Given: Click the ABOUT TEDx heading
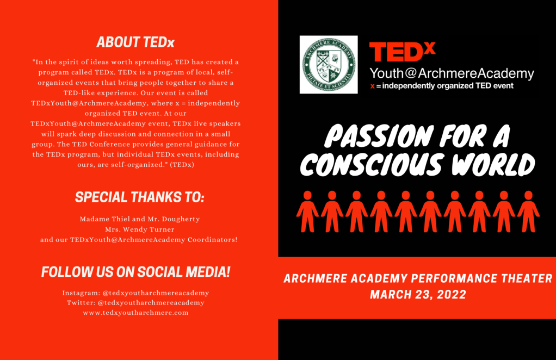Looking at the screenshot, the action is pos(135,42).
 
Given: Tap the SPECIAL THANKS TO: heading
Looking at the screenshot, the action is pos(140,197).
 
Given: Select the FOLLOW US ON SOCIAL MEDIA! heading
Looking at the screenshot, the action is pos(136,272).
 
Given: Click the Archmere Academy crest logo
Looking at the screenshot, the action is pos(329,65).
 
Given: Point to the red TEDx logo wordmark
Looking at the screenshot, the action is pos(402,51).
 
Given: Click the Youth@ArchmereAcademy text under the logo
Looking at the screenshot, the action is pos(452,73).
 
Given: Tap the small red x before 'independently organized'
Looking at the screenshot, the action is pos(372,86).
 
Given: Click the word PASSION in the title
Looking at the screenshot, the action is pos(379,136).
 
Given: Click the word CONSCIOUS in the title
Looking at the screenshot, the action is pos(372,165).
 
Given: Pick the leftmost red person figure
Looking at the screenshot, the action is pos(307,212).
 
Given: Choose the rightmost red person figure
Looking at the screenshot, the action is pos(528,212).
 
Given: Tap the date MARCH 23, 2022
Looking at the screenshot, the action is pos(418,294).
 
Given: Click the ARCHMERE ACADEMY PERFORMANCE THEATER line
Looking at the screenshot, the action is pos(418,278).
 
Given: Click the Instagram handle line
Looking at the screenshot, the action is pos(135,293).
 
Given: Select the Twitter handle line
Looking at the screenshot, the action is pos(135,303).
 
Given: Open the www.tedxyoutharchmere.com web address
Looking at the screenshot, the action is pos(135,313).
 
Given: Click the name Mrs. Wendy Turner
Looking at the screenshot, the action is pos(140,229).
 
